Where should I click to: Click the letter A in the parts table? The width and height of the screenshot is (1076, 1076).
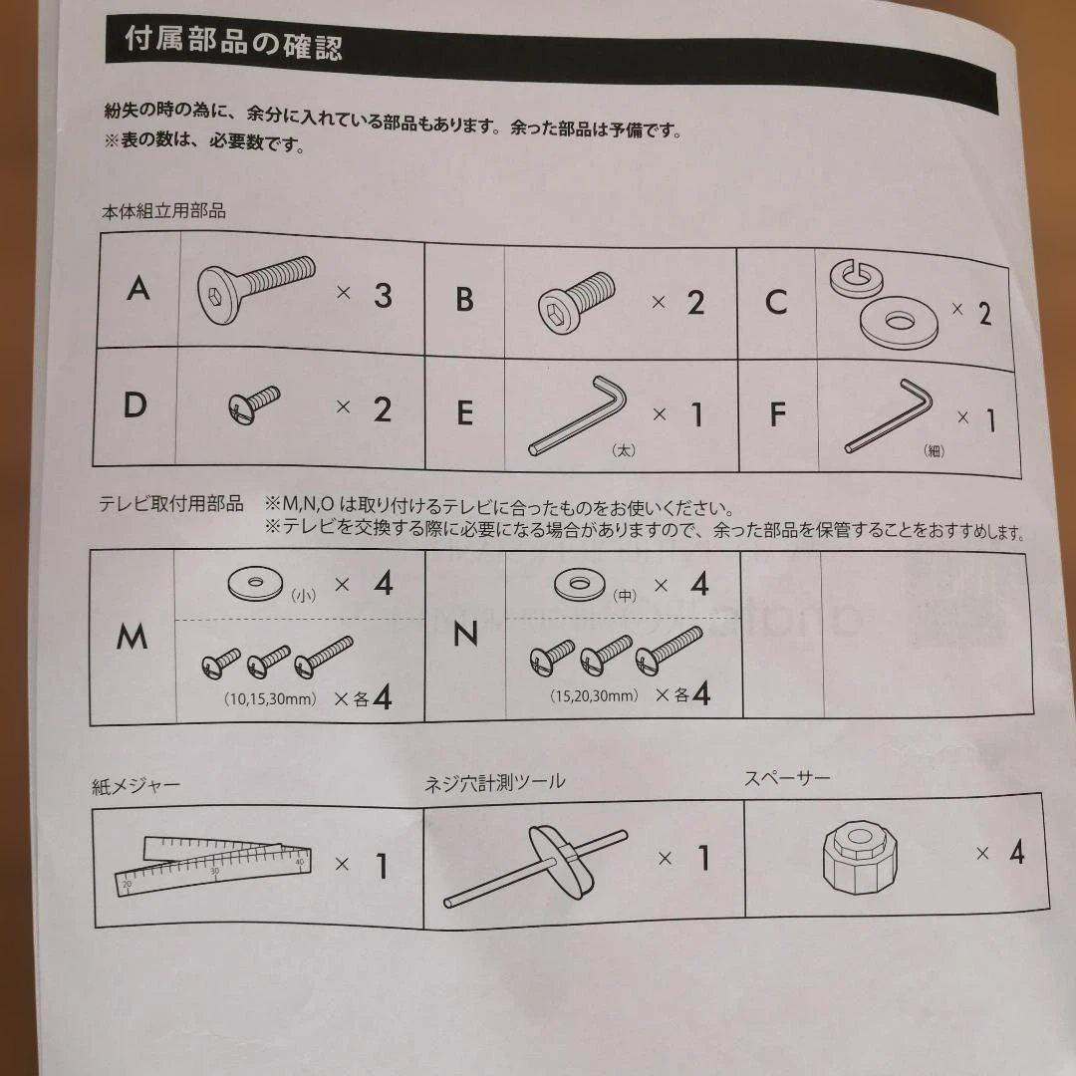[138, 289]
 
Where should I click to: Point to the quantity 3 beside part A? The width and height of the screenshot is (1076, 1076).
[383, 296]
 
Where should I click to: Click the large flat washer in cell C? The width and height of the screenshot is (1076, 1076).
[899, 321]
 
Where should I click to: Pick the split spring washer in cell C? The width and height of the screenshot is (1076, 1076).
[856, 279]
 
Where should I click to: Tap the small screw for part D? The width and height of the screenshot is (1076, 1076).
[254, 404]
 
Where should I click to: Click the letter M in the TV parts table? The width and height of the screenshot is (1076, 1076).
[132, 637]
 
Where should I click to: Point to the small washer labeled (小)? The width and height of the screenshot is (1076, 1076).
[255, 584]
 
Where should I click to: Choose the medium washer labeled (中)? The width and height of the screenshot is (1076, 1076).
[580, 585]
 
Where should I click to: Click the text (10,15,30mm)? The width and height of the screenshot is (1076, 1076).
[270, 699]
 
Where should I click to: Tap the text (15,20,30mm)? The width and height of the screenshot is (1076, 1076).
[594, 695]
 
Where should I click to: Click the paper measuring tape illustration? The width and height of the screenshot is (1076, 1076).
[213, 865]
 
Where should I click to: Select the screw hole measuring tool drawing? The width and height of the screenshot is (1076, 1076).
[535, 866]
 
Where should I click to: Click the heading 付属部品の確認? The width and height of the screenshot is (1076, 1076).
[233, 43]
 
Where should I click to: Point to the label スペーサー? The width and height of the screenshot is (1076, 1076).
[787, 778]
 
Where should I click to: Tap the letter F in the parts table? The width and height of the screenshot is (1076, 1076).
[777, 414]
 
